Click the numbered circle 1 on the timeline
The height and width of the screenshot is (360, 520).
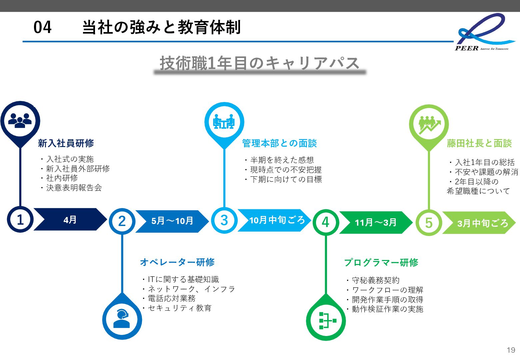click(x=20, y=220)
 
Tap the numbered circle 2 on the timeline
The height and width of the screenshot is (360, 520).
click(x=122, y=221)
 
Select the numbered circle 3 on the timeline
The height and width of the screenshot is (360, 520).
click(x=224, y=220)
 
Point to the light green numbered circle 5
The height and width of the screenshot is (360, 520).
click(x=429, y=223)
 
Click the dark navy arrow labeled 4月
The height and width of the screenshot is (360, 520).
click(x=70, y=220)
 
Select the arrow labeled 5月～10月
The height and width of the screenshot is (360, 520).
click(x=172, y=221)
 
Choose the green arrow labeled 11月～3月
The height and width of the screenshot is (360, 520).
click(x=376, y=222)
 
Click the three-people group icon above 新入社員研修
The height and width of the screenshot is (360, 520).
click(x=20, y=120)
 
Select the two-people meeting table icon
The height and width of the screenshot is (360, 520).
click(x=224, y=122)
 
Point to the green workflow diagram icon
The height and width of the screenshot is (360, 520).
click(x=326, y=321)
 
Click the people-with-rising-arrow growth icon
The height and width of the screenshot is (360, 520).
click(x=429, y=124)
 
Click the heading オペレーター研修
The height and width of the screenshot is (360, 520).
click(x=177, y=262)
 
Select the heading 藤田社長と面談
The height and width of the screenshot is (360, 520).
click(x=479, y=143)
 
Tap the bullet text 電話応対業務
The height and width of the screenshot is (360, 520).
click(x=171, y=298)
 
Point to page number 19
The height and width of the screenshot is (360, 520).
click(x=511, y=350)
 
